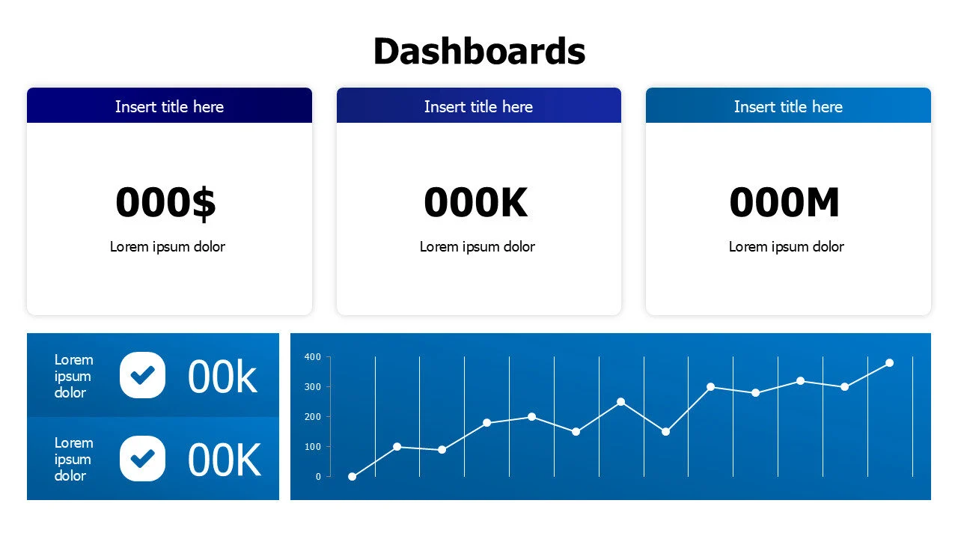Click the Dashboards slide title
tap(479, 52)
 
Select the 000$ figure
tap(166, 202)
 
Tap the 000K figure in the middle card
tap(476, 202)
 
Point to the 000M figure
tap(784, 202)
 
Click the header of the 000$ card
tap(169, 106)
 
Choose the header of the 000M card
tap(788, 106)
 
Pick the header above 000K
tap(478, 106)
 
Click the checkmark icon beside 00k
tap(142, 374)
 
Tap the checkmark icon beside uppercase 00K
tap(142, 458)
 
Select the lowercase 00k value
tap(222, 377)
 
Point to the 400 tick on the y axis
tap(313, 357)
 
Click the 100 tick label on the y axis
tap(313, 447)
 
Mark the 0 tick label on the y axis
tap(319, 477)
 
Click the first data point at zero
tap(353, 477)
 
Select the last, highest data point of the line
tap(889, 363)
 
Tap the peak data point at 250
tap(620, 402)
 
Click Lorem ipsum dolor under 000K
tap(478, 246)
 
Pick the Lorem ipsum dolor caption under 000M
tap(787, 246)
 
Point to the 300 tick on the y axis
tap(313, 387)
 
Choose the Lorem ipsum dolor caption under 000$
tap(168, 246)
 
